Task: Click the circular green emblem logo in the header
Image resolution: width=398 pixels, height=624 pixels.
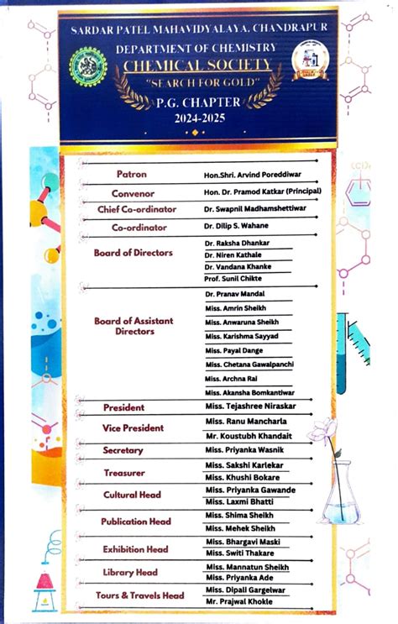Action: point(88,65)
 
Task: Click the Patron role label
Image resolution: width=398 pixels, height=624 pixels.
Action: point(131,175)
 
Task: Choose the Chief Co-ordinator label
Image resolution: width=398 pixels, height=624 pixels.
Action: point(137,209)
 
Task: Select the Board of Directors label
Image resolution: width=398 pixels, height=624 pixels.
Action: point(134,253)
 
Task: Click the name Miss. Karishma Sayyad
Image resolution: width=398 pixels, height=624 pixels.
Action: point(242,335)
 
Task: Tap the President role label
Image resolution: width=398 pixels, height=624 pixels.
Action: point(123,407)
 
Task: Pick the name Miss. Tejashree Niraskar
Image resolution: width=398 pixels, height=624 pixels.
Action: point(250,406)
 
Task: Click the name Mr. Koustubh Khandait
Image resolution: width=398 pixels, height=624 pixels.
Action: point(249,436)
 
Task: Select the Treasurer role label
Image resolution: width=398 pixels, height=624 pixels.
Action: point(124,473)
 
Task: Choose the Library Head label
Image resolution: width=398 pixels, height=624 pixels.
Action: point(129,573)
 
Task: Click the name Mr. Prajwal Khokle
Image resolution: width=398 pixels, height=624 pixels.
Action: point(241,601)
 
